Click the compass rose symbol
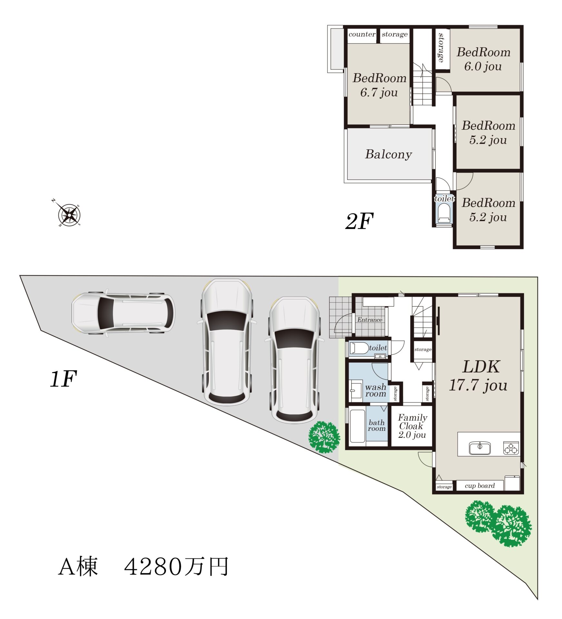(x=69, y=214)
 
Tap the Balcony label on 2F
(x=388, y=154)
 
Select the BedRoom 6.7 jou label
(x=379, y=85)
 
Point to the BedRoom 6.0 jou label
(x=483, y=59)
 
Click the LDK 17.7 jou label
(x=478, y=376)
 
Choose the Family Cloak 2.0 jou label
(x=412, y=426)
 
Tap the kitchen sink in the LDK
(x=480, y=447)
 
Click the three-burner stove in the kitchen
(x=511, y=448)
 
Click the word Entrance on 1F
(x=370, y=320)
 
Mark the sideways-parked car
(x=123, y=313)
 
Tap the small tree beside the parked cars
(x=324, y=437)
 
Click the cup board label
(x=479, y=486)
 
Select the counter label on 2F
(x=362, y=34)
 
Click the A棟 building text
(x=78, y=566)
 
